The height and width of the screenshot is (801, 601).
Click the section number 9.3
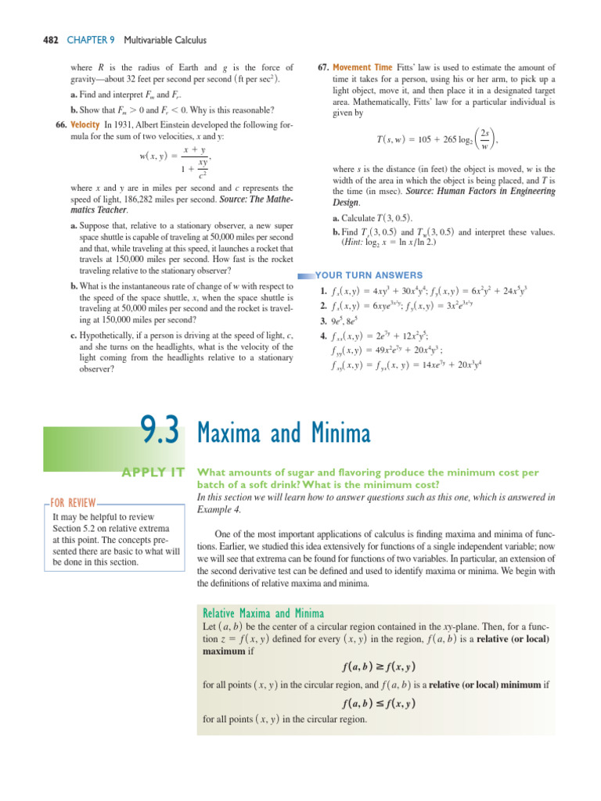[160, 431]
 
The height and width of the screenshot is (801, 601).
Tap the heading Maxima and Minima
[284, 433]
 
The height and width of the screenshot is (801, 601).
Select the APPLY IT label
[153, 472]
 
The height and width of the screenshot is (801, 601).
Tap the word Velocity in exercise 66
[85, 124]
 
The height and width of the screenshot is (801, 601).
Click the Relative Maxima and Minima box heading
[264, 613]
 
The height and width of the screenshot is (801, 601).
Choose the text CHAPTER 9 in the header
[79, 40]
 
